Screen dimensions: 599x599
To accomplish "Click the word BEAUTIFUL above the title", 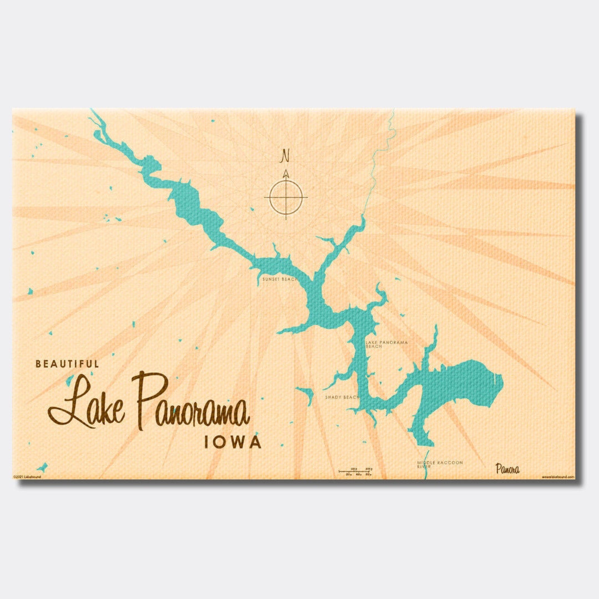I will click(x=67, y=364).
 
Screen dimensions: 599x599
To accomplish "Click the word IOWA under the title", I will click(x=232, y=443).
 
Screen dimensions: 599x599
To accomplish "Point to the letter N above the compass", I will click(x=286, y=155).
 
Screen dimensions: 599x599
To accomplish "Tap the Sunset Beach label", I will click(x=279, y=280).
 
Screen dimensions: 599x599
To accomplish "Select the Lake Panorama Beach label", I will click(x=387, y=344).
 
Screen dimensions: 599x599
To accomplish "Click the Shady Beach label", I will click(x=342, y=398).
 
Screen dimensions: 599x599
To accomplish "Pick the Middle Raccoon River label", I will click(x=440, y=464).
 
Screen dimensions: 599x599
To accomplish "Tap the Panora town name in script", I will click(x=507, y=469).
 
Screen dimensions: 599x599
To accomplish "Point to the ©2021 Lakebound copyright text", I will click(x=27, y=477).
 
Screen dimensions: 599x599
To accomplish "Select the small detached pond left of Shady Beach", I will click(x=304, y=394).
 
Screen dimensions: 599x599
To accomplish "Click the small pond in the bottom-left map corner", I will click(x=42, y=467).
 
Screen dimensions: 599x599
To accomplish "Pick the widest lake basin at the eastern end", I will click(x=466, y=383).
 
